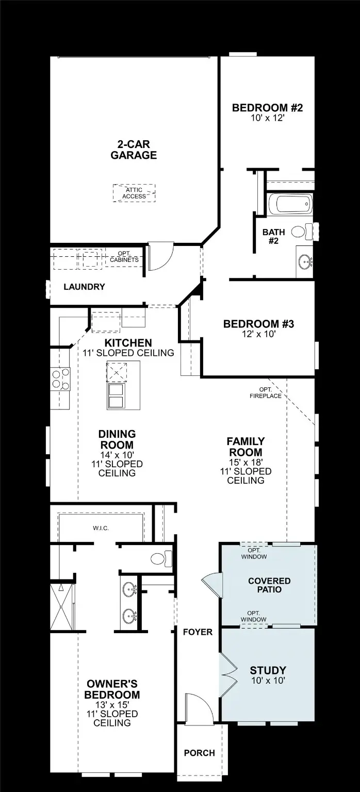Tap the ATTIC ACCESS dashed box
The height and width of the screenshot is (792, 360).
pos(134,193)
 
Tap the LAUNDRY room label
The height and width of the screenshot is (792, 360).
pos(84,287)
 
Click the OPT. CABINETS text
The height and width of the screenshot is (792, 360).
pos(124,256)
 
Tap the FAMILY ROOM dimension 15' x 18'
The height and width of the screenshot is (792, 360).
pos(246,461)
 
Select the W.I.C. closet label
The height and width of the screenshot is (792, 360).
pos(101,528)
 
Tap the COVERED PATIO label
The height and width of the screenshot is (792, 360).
pos(269,585)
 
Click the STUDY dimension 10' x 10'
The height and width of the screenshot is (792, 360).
pos(268,680)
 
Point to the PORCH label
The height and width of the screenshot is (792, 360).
pos(200,753)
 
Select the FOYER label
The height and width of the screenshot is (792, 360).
pos(198,632)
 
